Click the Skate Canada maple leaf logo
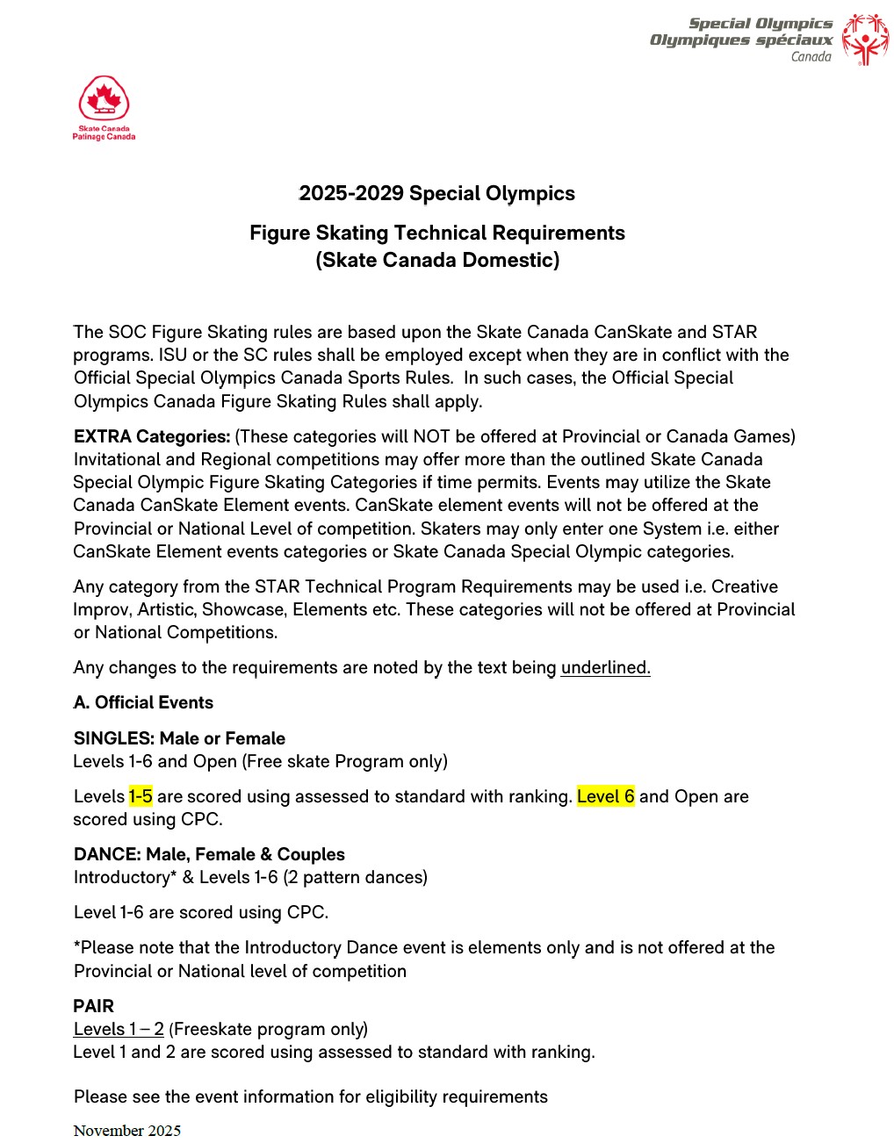click(x=104, y=98)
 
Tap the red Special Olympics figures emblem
click(x=865, y=40)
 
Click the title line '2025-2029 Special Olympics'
click(x=436, y=194)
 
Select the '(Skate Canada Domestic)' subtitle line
click(x=437, y=261)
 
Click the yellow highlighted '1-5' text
click(x=141, y=797)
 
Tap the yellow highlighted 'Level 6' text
click(x=605, y=797)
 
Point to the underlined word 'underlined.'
click(x=605, y=668)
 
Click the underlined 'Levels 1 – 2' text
click(x=119, y=1030)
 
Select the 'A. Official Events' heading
click(x=143, y=703)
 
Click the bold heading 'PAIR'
click(x=94, y=1007)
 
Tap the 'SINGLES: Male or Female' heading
click(x=179, y=739)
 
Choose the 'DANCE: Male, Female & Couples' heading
click(x=209, y=855)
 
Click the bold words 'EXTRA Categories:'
click(x=152, y=437)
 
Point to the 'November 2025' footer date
click(x=127, y=1131)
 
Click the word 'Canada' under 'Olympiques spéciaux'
click(x=811, y=57)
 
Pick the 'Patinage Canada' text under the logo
click(x=104, y=137)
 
